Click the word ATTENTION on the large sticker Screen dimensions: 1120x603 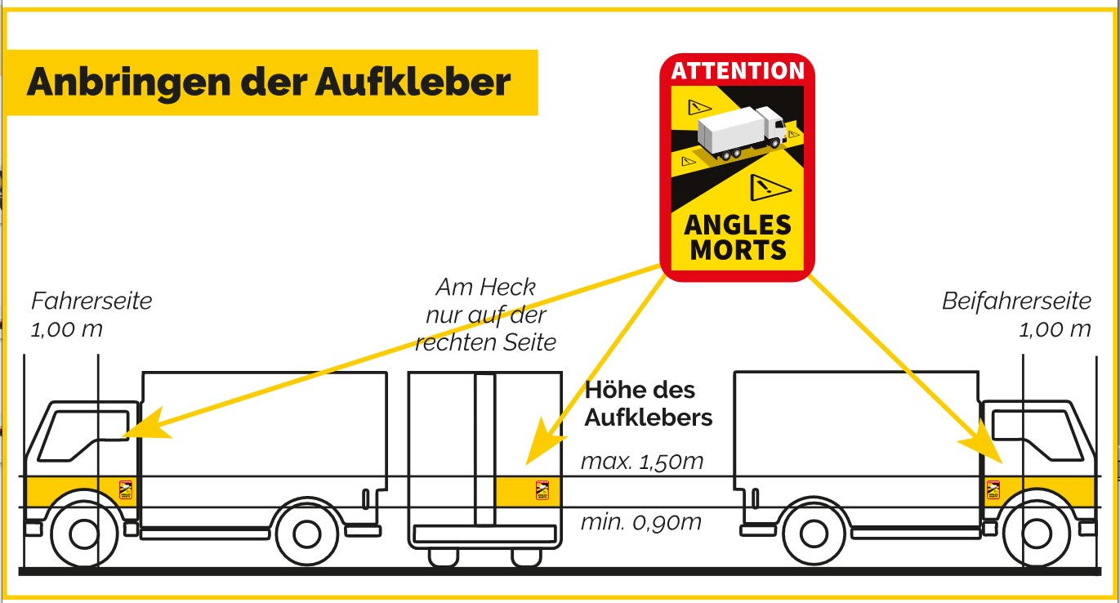pyautogui.click(x=738, y=71)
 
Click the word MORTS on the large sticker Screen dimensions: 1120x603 pyautogui.click(x=738, y=250)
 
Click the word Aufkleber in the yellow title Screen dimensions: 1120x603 pyautogui.click(x=413, y=82)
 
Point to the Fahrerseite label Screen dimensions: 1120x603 pyautogui.click(x=91, y=301)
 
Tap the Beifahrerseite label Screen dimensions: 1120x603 pyautogui.click(x=1016, y=301)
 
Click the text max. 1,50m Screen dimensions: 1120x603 pyautogui.click(x=642, y=462)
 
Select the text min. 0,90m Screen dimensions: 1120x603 pyautogui.click(x=641, y=522)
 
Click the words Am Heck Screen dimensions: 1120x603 pyautogui.click(x=485, y=287)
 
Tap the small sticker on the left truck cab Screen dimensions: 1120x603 pyautogui.click(x=126, y=490)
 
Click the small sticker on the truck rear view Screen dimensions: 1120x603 pyautogui.click(x=542, y=490)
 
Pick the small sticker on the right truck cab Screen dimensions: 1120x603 pyautogui.click(x=993, y=490)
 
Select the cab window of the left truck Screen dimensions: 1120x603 pyautogui.click(x=83, y=435)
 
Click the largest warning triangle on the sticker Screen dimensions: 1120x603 pyautogui.click(x=768, y=187)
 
